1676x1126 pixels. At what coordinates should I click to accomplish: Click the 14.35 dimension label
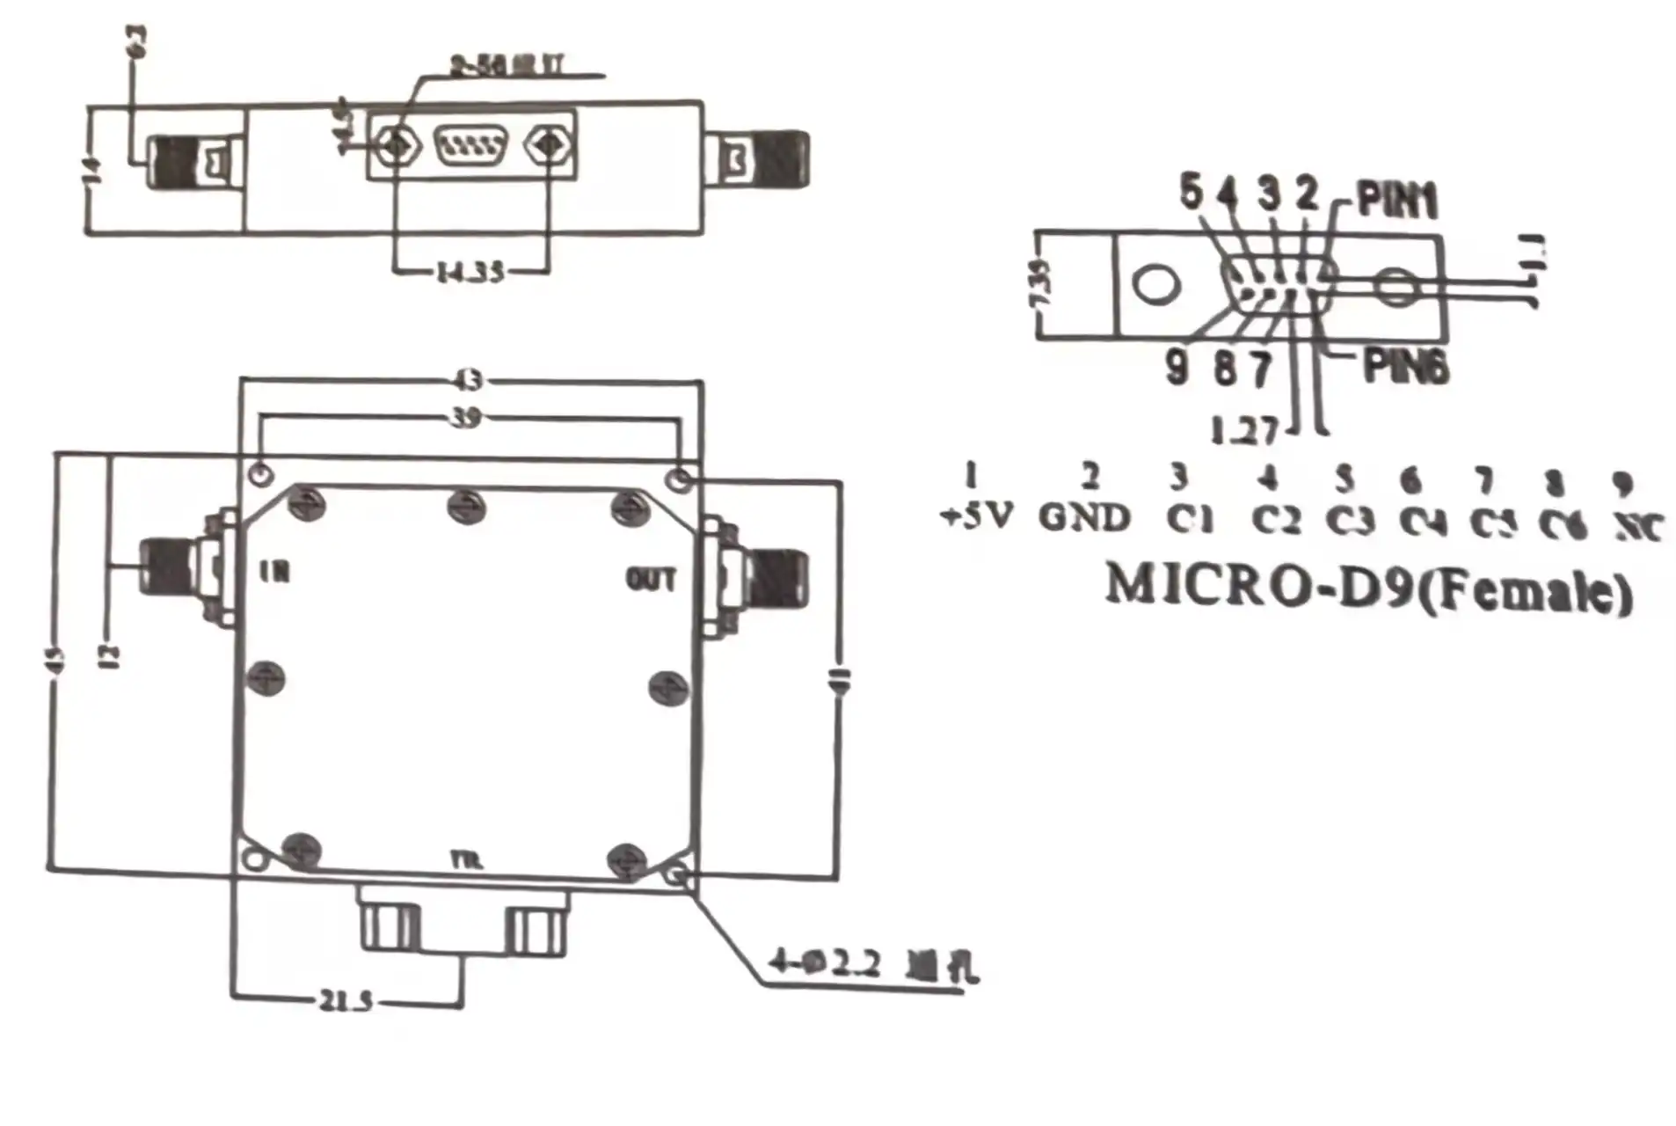[470, 272]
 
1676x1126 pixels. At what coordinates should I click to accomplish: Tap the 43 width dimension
[469, 381]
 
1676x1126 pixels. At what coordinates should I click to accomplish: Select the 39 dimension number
[466, 417]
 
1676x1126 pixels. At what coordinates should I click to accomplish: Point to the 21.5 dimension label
[345, 1000]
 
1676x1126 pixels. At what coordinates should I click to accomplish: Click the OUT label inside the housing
[651, 580]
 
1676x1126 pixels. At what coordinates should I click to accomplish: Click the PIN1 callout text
[1397, 201]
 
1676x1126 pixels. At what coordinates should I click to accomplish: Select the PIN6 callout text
[1404, 366]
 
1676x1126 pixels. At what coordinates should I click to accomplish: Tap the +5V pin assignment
[978, 516]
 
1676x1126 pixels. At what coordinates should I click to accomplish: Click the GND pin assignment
[1084, 517]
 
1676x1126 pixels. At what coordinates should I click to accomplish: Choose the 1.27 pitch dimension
[1243, 430]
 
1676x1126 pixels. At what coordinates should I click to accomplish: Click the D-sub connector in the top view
[471, 145]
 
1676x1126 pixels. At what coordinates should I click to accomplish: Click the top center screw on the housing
[466, 507]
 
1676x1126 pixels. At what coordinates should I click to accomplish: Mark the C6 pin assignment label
[1563, 525]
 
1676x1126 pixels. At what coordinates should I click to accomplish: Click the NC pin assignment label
[1638, 528]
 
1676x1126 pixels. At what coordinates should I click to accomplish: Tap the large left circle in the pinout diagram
[1155, 284]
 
